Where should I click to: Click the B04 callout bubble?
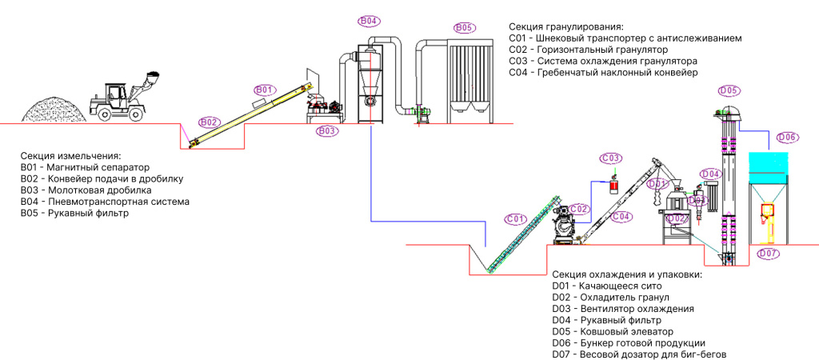pyautogui.click(x=369, y=21)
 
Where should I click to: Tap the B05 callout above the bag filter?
pyautogui.click(x=463, y=27)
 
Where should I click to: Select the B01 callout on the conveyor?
pyautogui.click(x=264, y=90)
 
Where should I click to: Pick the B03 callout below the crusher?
pyautogui.click(x=326, y=131)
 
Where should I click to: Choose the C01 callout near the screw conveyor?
pyautogui.click(x=515, y=219)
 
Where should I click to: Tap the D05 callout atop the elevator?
pyautogui.click(x=729, y=91)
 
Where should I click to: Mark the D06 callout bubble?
pyautogui.click(x=787, y=138)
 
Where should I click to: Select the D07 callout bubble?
pyautogui.click(x=769, y=254)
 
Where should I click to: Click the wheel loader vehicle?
pyautogui.click(x=124, y=95)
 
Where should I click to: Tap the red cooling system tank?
pyautogui.click(x=614, y=186)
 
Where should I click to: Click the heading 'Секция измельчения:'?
pyautogui.click(x=71, y=156)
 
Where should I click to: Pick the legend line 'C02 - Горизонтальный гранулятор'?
pyautogui.click(x=589, y=50)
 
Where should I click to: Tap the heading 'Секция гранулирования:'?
pyautogui.click(x=567, y=26)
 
